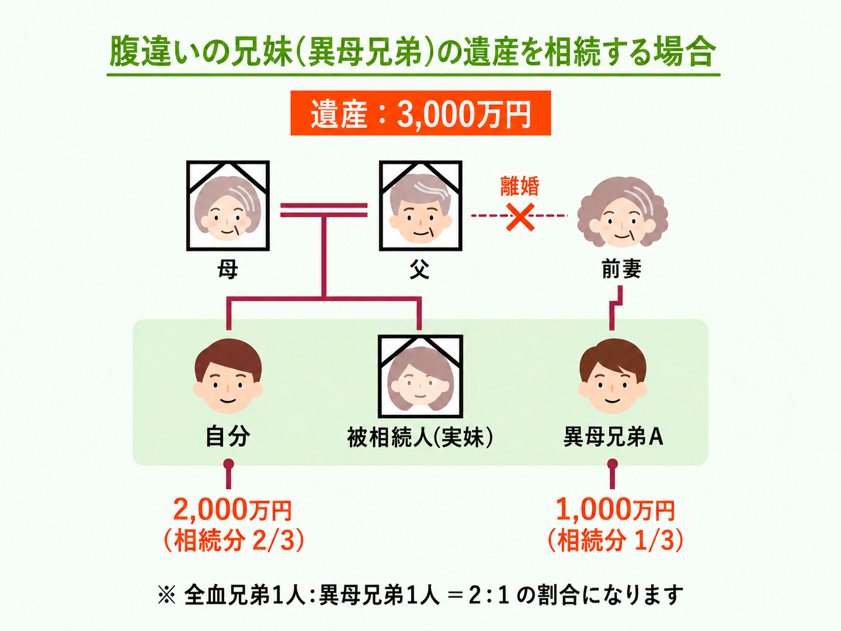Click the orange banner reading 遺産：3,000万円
pyautogui.click(x=420, y=113)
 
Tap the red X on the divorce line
pyautogui.click(x=520, y=217)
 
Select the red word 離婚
pyautogui.click(x=520, y=186)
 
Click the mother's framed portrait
pyautogui.click(x=228, y=206)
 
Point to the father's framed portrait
pyautogui.click(x=420, y=206)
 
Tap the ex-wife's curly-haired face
pyautogui.click(x=623, y=212)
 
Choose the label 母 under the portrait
pyautogui.click(x=228, y=270)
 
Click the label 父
pyautogui.click(x=419, y=270)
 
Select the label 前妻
pyautogui.click(x=621, y=270)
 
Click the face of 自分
pyautogui.click(x=228, y=377)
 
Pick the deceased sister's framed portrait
pyautogui.click(x=420, y=377)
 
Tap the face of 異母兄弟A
pyautogui.click(x=612, y=377)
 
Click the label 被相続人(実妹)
pyautogui.click(x=420, y=437)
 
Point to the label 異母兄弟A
pyautogui.click(x=613, y=437)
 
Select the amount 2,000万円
pyautogui.click(x=232, y=510)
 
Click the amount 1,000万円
pyautogui.click(x=615, y=510)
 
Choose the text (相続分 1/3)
pyautogui.click(x=616, y=540)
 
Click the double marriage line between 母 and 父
pyautogui.click(x=324, y=210)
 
